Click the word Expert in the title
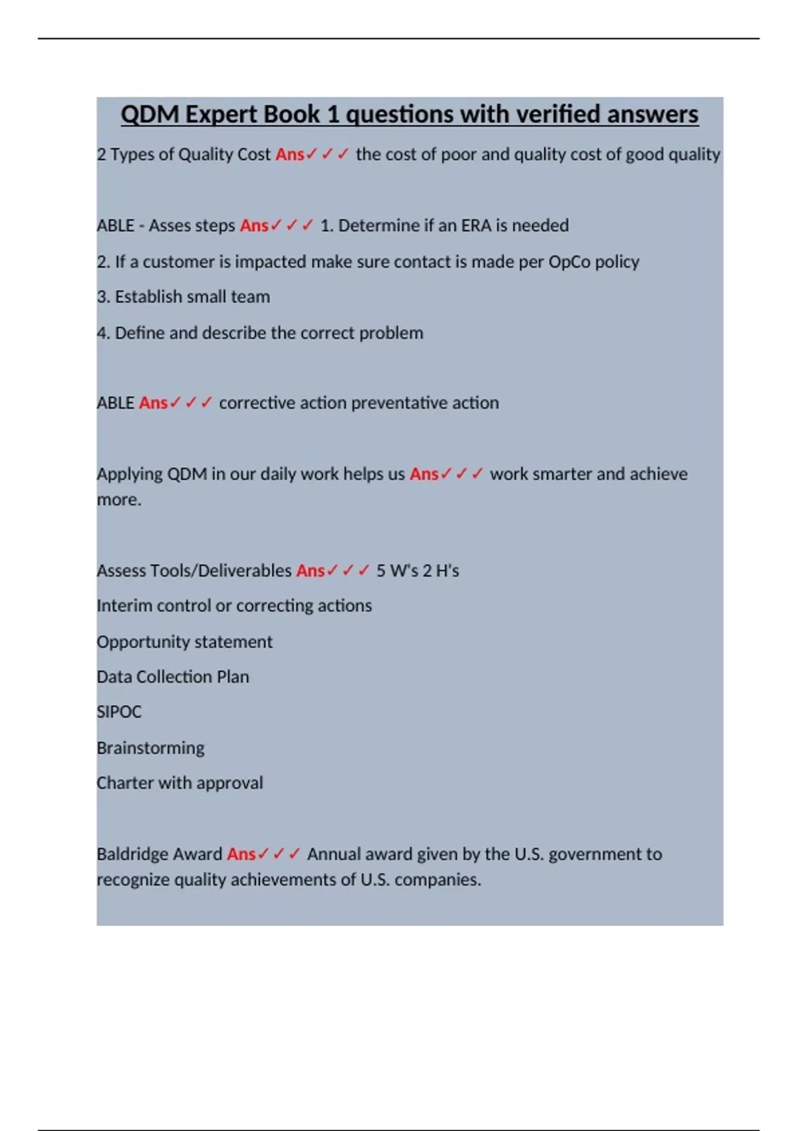[x=220, y=114]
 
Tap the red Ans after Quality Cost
[x=290, y=154]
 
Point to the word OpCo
[x=569, y=261]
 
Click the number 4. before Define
[x=103, y=333]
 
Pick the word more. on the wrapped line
[x=119, y=500]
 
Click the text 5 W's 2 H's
[x=418, y=571]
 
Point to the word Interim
[x=124, y=606]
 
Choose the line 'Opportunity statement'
[x=184, y=642]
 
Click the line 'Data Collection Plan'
[x=173, y=677]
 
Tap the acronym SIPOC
[x=119, y=712]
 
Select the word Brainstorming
[x=150, y=748]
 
